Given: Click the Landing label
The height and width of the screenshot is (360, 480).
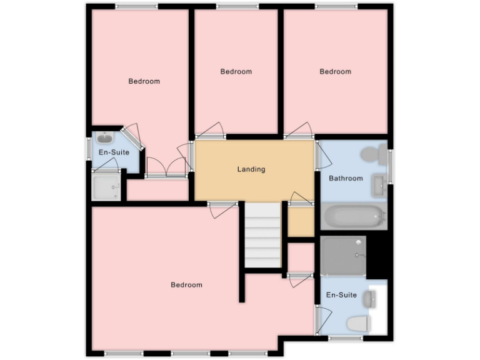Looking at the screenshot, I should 251,169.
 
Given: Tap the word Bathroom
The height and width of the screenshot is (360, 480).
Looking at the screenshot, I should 346,178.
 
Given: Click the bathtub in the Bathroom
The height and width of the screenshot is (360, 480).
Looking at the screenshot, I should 353,217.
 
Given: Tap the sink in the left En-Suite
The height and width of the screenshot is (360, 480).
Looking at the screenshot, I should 104,138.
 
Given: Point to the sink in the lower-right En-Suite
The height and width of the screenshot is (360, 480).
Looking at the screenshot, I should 371,300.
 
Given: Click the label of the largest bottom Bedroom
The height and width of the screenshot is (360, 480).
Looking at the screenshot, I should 186,285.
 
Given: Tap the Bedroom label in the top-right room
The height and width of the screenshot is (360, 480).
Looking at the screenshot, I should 335,71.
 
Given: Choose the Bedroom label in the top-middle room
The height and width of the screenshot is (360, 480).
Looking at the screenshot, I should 236,71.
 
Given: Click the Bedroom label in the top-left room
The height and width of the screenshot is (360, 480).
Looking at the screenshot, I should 144,81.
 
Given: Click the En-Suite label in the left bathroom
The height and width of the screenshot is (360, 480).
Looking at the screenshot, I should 114,152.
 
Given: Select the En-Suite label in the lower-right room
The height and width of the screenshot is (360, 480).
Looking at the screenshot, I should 341,294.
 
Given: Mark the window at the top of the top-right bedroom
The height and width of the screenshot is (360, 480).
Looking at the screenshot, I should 336,6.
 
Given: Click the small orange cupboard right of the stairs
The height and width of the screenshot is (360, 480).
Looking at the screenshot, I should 301,221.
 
